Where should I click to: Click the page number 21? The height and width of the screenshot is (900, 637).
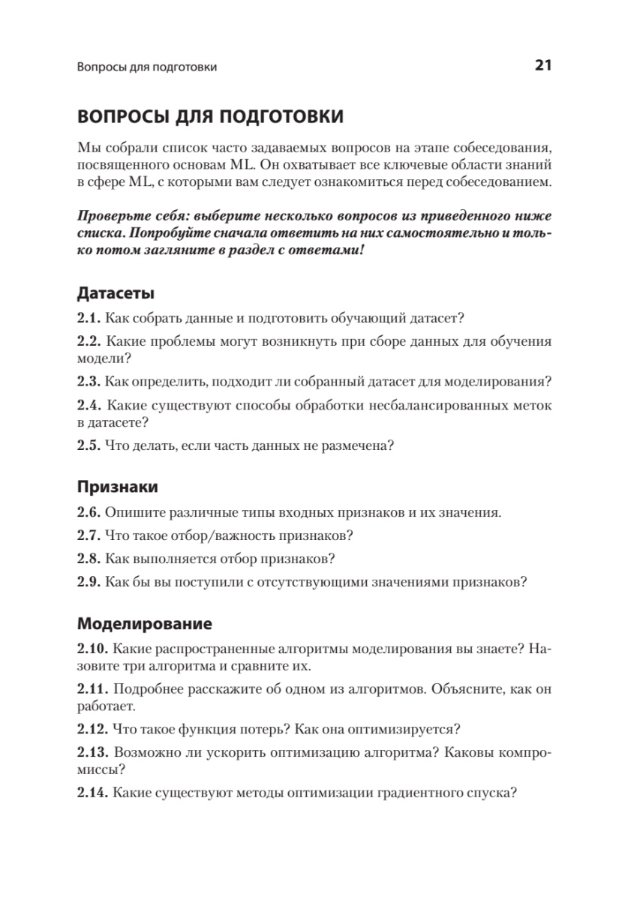543,66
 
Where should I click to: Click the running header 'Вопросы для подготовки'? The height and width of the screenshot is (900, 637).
147,67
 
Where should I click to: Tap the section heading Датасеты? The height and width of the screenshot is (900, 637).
116,292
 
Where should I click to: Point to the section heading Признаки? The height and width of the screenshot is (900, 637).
118,487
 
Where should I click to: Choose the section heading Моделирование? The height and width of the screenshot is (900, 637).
144,623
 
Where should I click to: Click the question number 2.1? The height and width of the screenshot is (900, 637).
89,318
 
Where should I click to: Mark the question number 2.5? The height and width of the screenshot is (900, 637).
89,445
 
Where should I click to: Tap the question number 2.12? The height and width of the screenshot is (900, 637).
92,728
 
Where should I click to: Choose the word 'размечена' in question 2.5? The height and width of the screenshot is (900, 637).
358,445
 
